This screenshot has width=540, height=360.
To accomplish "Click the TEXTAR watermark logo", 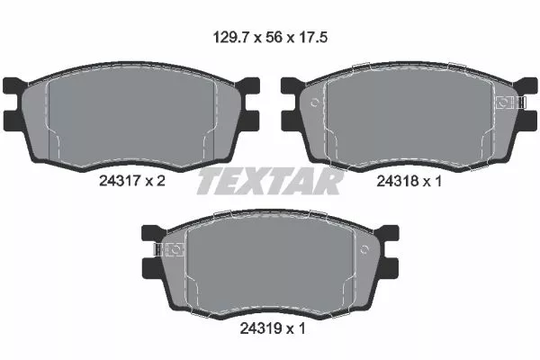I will (270, 181).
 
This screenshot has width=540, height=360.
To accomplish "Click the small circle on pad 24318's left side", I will (314, 103).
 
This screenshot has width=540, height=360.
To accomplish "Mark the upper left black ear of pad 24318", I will (290, 86).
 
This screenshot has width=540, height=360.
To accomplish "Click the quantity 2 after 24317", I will (162, 181).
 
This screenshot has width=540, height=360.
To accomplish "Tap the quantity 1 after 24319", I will (303, 328).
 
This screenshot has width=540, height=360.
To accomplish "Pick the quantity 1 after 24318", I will (439, 181).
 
